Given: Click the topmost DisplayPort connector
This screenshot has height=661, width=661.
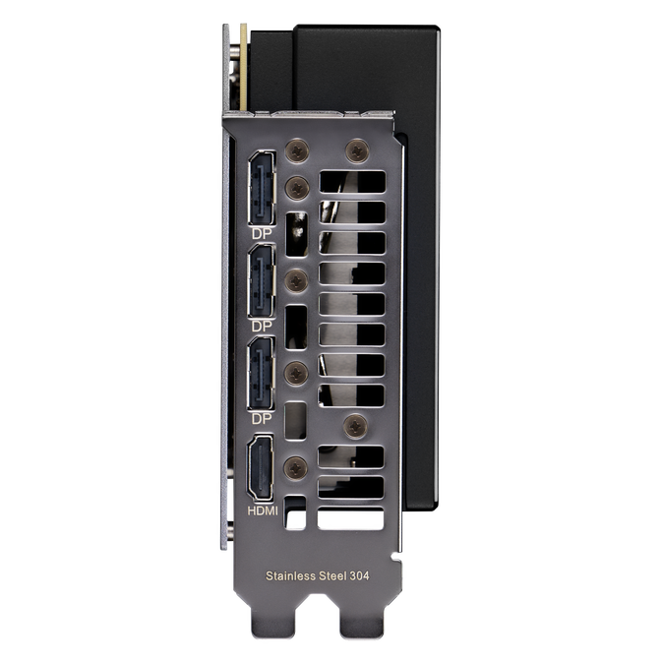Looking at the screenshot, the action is pyautogui.click(x=262, y=189).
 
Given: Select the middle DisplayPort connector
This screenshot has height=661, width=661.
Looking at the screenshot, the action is pyautogui.click(x=262, y=281).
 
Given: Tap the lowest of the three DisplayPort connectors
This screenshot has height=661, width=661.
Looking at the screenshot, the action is pyautogui.click(x=262, y=374).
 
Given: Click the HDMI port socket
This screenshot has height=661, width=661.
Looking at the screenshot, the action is pyautogui.click(x=261, y=468).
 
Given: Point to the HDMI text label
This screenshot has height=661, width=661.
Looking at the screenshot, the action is pyautogui.click(x=263, y=511).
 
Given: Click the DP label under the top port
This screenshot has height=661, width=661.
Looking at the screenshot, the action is pyautogui.click(x=262, y=234).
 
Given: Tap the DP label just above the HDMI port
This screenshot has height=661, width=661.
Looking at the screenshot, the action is pyautogui.click(x=262, y=419).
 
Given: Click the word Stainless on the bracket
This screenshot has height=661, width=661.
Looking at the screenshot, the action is pyautogui.click(x=291, y=576).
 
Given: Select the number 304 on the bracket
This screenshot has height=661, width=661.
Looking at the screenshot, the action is pyautogui.click(x=359, y=576).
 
